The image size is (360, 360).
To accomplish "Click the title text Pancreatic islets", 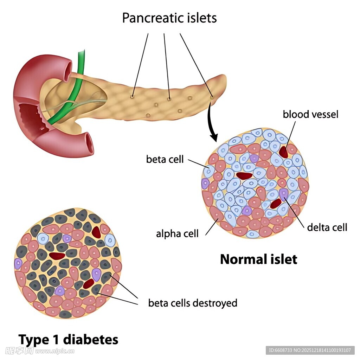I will (x=169, y=18).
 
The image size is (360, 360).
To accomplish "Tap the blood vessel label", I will (x=310, y=114).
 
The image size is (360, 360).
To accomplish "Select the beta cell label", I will (x=165, y=159).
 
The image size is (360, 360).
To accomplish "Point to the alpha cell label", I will (x=177, y=233).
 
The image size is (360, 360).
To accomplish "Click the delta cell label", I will (x=327, y=227).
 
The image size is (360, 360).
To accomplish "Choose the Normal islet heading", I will (x=258, y=259).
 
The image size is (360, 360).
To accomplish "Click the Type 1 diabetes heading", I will (x=68, y=340).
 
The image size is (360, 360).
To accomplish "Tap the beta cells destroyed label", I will (x=193, y=303).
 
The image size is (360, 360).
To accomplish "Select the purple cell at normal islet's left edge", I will (x=205, y=183).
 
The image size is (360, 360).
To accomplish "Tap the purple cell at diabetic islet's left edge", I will (x=18, y=263).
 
